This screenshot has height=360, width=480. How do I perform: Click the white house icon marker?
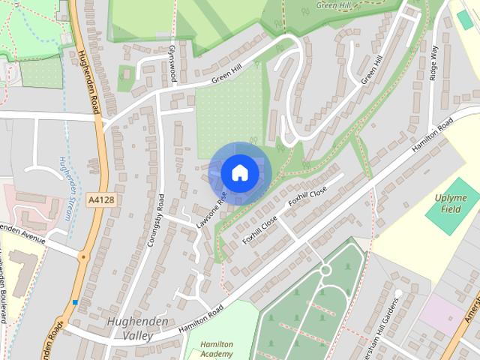point(239,172)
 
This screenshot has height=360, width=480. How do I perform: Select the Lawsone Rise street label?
point(212,210)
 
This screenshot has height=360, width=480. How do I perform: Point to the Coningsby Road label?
point(156,220)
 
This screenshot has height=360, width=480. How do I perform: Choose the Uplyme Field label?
point(450,202)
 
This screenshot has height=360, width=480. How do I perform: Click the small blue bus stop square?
point(75,302)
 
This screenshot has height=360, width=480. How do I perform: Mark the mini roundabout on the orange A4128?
point(83,256)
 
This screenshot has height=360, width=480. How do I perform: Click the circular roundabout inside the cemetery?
point(325,271)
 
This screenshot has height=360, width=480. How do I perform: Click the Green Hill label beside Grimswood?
point(226,73)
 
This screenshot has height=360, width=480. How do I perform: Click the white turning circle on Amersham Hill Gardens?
point(399,292)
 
